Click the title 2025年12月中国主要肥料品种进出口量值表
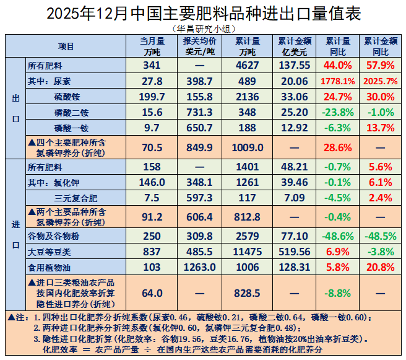203,13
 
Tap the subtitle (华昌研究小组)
203,28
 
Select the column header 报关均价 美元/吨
199,46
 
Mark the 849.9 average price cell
199,147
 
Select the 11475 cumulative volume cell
248,252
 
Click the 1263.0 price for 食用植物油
199,267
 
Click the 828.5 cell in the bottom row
248,292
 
